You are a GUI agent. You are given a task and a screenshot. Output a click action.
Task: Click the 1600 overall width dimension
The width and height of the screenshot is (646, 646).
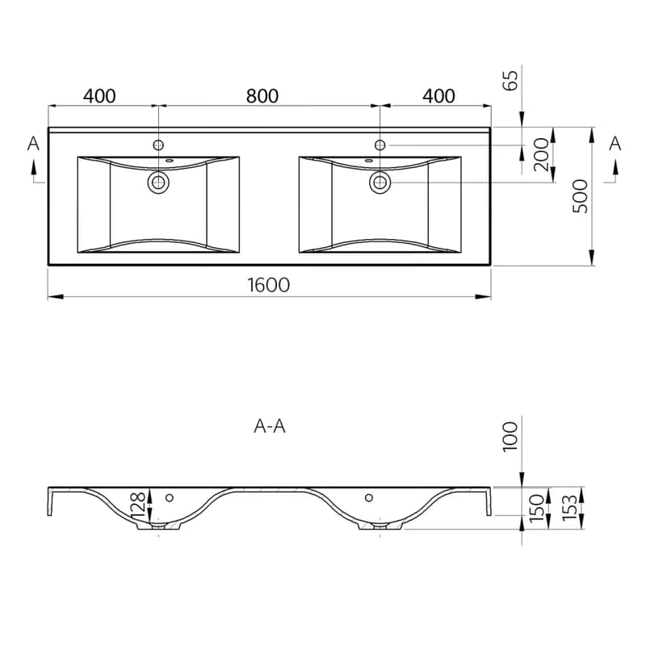pyautogui.click(x=269, y=285)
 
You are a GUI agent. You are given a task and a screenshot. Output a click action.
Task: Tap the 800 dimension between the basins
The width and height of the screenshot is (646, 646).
pyautogui.click(x=262, y=96)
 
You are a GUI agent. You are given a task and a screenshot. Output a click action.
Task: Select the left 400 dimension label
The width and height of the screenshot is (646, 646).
pyautogui.click(x=99, y=96)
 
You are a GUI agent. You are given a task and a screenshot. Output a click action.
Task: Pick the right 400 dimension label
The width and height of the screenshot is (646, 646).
pyautogui.click(x=438, y=96)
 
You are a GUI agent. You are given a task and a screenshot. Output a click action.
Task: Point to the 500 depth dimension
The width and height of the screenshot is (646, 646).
pyautogui.click(x=581, y=196)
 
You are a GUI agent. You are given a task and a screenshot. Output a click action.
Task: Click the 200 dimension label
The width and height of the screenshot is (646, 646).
pyautogui.click(x=541, y=154)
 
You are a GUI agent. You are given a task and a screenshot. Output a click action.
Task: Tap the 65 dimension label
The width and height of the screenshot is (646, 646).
pyautogui.click(x=510, y=80)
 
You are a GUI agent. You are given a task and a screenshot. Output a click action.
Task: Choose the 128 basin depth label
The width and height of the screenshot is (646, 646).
pyautogui.click(x=138, y=505)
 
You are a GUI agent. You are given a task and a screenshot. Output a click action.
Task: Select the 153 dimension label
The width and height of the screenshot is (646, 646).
pyautogui.click(x=570, y=508)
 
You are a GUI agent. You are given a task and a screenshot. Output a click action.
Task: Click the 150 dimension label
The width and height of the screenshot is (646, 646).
pyautogui.click(x=536, y=508)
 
